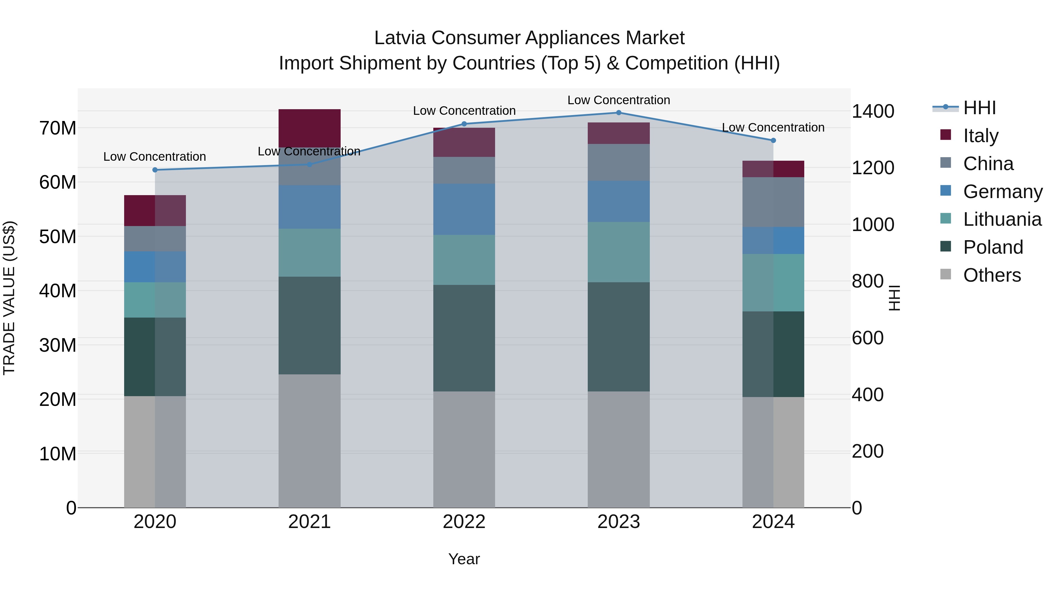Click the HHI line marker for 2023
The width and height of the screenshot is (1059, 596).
point(618,113)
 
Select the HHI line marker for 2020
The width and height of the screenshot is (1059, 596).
point(155,170)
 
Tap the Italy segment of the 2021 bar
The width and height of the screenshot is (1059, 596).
point(309,128)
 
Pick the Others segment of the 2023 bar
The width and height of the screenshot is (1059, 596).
point(618,449)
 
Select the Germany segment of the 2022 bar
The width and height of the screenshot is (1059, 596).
point(464,209)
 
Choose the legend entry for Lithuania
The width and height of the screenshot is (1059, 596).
point(1002,219)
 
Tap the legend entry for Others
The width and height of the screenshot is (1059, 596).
point(992,275)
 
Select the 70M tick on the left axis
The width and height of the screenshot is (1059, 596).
point(58,128)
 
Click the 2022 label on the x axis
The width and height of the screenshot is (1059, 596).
point(464,522)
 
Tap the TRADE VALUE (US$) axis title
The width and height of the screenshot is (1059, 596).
point(9,298)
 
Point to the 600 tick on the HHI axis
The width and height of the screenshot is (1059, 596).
point(867,338)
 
